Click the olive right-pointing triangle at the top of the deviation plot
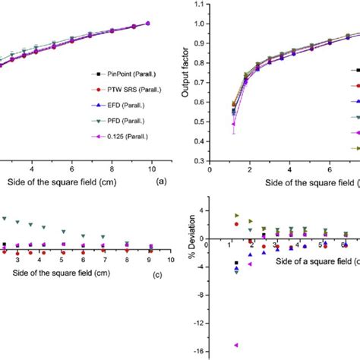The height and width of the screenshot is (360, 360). tap(236, 216)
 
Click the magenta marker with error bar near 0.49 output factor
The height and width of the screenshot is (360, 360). tap(234, 124)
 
